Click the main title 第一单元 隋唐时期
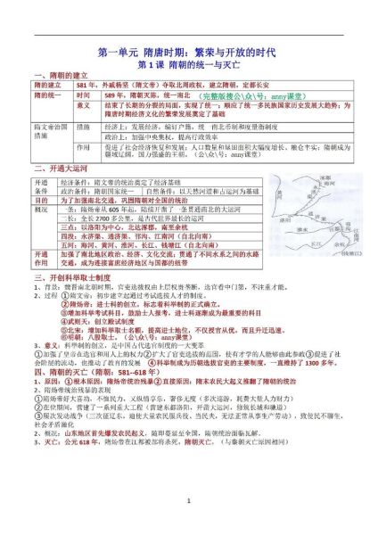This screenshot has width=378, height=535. coord(188,52)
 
